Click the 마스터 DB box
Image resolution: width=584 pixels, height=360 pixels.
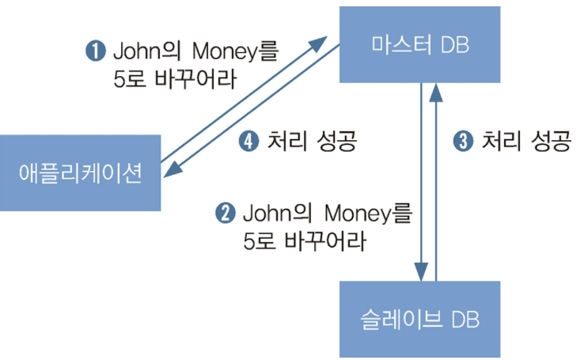point(420,44)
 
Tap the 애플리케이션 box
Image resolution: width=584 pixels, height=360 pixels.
point(80,173)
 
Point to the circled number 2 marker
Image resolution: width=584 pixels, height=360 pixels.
point(226,213)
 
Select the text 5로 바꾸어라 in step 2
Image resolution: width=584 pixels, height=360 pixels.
point(305,241)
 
